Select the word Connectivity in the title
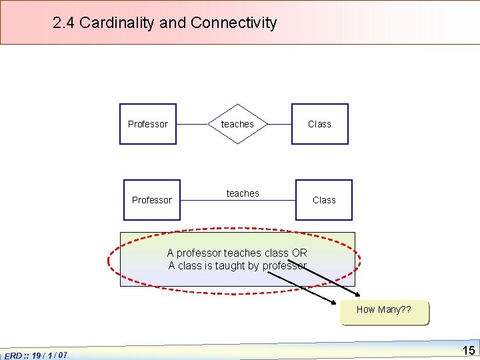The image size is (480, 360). tap(233, 23)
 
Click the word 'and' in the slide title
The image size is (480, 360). tap(173, 23)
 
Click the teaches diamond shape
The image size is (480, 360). tap(237, 124)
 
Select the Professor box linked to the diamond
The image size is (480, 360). tap(148, 124)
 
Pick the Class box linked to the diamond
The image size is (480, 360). tap(319, 124)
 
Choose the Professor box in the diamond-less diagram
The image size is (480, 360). tap(152, 200)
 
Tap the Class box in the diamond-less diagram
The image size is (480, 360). tap(324, 200)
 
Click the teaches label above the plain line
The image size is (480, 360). tap(243, 193)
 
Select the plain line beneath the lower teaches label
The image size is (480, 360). tap(238, 200)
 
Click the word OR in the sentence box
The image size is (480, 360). tap(299, 253)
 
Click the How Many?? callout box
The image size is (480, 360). tap(384, 310)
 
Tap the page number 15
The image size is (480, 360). tap(469, 350)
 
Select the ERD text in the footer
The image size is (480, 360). tap(13, 355)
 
